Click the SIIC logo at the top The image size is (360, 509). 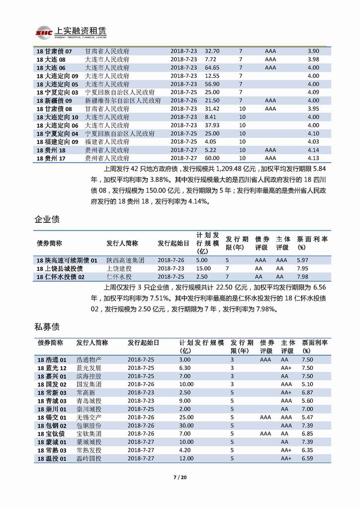click(42, 32)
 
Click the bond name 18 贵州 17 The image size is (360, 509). click(51, 158)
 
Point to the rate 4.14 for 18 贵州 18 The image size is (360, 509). click(313, 150)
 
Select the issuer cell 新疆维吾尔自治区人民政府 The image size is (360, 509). click(123, 101)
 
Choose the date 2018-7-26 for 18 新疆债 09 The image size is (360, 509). click(183, 101)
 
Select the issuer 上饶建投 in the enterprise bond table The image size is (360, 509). click(119, 269)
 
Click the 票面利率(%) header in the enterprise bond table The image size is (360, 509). click(312, 243)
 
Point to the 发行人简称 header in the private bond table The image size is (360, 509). click(92, 343)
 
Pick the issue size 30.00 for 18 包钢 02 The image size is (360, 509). click(186, 426)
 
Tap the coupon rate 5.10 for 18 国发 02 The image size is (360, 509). click(308, 385)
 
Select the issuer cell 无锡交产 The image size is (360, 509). click(89, 417)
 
